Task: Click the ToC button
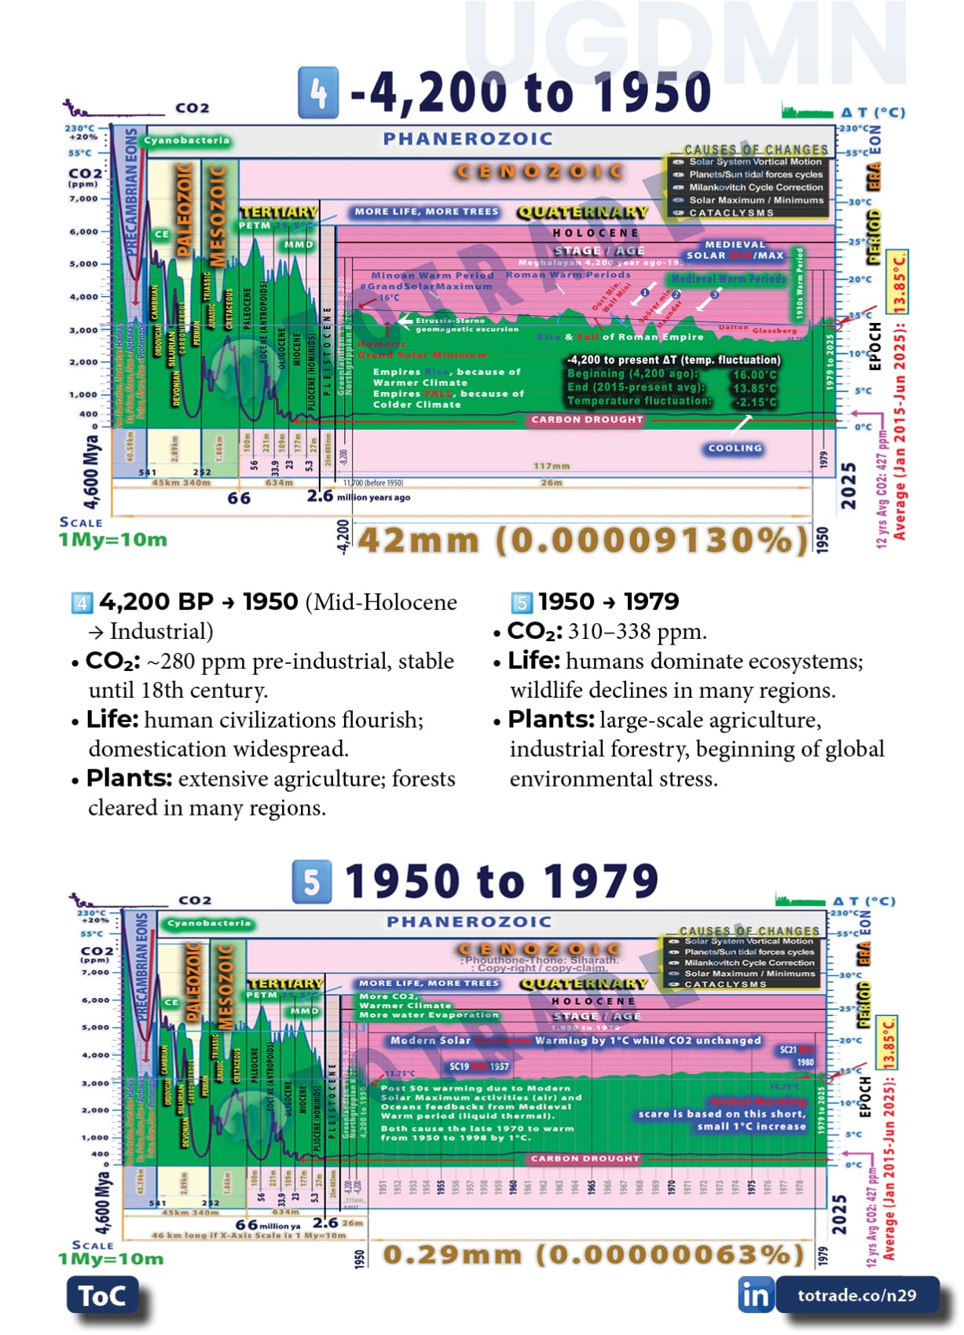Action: pos(102,1295)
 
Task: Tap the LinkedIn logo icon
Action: pos(755,1295)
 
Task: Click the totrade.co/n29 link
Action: pos(856,1295)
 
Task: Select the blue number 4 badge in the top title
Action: pos(318,93)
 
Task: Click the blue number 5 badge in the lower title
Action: pos(311,881)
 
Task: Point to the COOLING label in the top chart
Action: pos(735,448)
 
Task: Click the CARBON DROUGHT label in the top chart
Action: pos(587,420)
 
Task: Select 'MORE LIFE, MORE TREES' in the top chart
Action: pos(426,211)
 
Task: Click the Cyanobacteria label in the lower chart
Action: pos(209,923)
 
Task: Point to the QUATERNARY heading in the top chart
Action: pos(582,212)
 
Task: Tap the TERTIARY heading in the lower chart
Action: pos(285,983)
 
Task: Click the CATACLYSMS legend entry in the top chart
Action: pos(731,213)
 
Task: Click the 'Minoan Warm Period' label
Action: pos(432,276)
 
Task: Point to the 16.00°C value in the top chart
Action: pos(754,375)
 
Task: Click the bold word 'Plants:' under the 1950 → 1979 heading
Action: pos(551,719)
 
